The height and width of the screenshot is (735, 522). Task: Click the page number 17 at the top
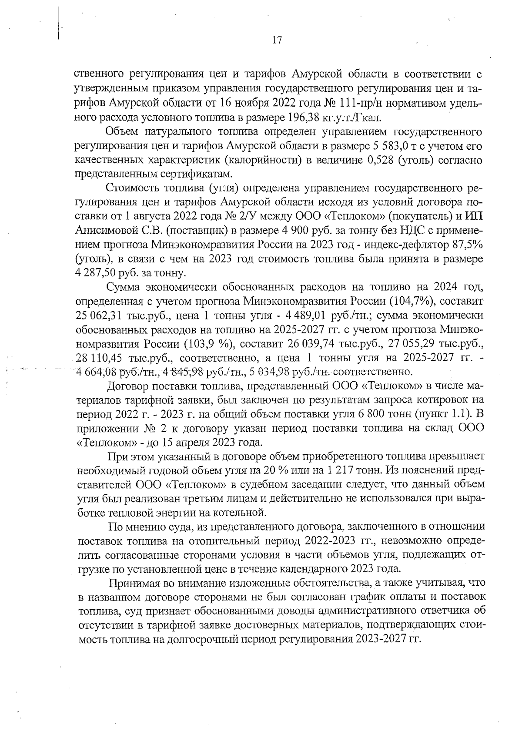click(277, 41)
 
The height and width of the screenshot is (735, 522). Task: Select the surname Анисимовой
click(104, 230)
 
